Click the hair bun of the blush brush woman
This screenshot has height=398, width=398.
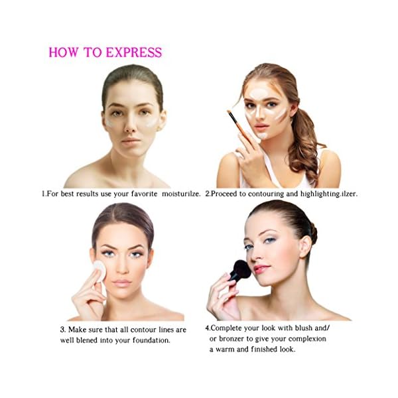click(x=312, y=233)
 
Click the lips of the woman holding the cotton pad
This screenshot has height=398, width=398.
click(x=122, y=283)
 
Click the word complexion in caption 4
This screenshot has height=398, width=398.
click(x=306, y=338)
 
